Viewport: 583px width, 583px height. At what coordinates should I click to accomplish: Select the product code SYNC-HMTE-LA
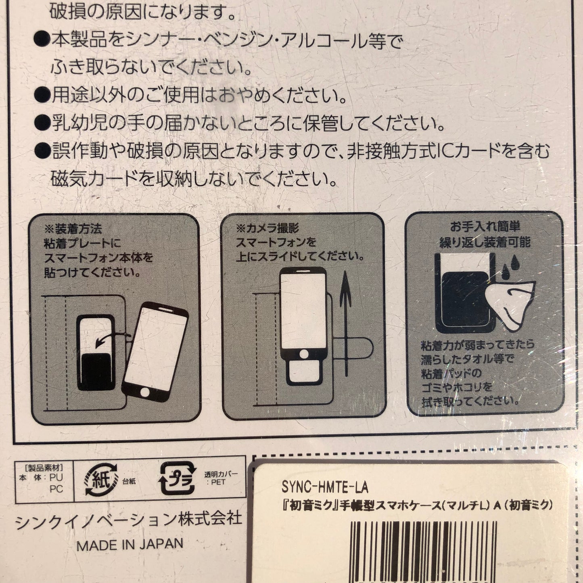point(325,487)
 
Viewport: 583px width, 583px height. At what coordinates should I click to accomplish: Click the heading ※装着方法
point(73,229)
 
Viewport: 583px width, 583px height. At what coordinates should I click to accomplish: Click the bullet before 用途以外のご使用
point(42,96)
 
